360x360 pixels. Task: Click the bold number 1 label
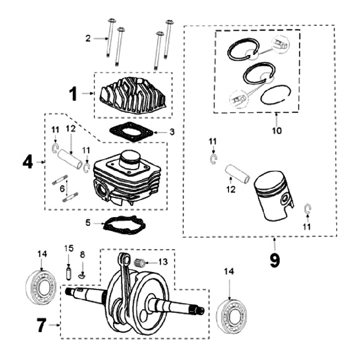73,93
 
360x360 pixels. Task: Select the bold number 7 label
41,326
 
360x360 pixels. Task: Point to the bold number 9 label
274,260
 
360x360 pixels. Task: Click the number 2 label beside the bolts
88,38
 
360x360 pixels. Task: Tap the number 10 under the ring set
276,131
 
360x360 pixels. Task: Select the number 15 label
69,248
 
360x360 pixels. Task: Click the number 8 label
83,254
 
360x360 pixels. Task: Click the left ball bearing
41,288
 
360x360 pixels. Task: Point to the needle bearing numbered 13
143,262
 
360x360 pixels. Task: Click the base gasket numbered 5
123,225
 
